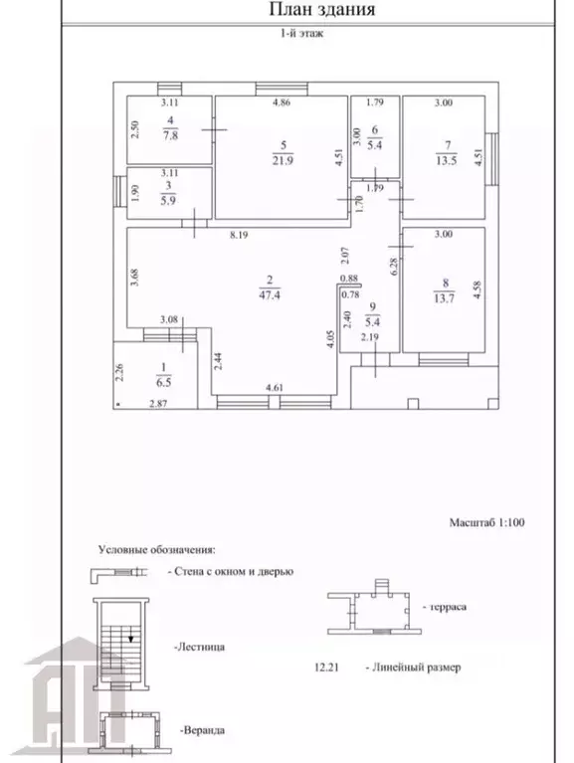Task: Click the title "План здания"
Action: pos(322,9)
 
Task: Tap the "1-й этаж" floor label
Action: pos(301,34)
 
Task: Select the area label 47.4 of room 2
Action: pos(269,294)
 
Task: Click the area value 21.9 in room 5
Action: pos(283,160)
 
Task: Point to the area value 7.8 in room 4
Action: pos(170,135)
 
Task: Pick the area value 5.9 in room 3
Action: pos(168,201)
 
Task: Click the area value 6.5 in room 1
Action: pos(163,382)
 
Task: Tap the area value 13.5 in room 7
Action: pos(446,160)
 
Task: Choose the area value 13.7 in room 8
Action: pos(444,298)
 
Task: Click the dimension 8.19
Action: pos(240,235)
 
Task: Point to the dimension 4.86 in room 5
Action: pos(282,102)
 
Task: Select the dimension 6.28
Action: pos(394,267)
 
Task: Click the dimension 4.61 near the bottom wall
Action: pos(275,388)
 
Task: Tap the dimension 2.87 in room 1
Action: pos(158,404)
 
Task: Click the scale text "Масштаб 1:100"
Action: pos(486,522)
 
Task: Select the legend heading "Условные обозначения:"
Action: pos(156,550)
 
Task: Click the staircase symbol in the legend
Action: pos(121,645)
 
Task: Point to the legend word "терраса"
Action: pos(445,607)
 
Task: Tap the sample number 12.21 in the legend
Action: pos(326,668)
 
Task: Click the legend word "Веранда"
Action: pos(202,730)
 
